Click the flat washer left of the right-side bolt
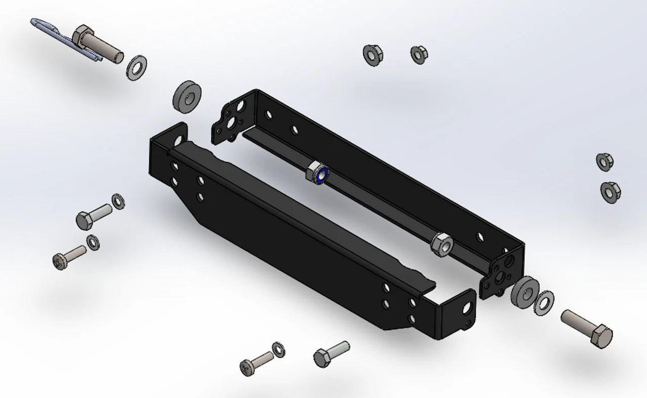[x=544, y=301]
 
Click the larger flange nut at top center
[x=373, y=55]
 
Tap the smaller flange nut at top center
[x=419, y=54]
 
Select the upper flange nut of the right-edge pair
[x=605, y=161]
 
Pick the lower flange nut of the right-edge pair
[x=611, y=192]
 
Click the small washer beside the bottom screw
[x=278, y=348]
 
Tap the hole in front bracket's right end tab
[x=467, y=307]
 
